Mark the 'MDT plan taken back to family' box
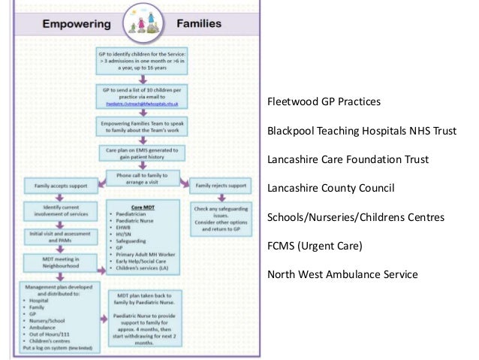pyautogui.click(x=143, y=318)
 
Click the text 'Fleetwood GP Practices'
pyautogui.click(x=324, y=101)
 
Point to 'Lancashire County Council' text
pyautogui.click(x=331, y=188)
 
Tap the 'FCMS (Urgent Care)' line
pyautogui.click(x=315, y=246)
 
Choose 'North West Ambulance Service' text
pyautogui.click(x=342, y=274)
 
